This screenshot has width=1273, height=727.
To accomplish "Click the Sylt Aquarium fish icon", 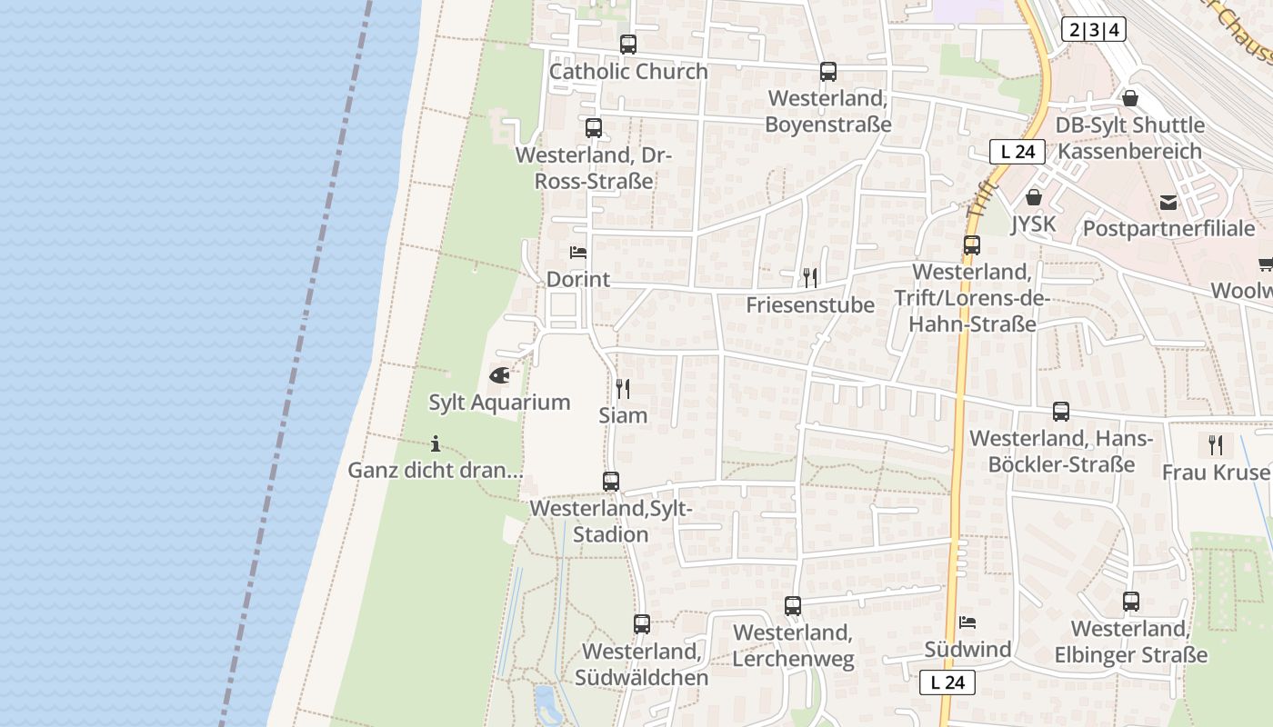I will (x=499, y=374).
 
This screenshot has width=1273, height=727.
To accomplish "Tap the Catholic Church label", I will (x=628, y=71).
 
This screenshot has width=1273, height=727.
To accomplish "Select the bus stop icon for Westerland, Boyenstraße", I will (x=827, y=71).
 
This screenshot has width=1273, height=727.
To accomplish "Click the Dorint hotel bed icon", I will (x=577, y=252).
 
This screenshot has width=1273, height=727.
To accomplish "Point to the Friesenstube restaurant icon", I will (x=809, y=277).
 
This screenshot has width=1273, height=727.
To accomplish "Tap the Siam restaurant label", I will (x=623, y=415).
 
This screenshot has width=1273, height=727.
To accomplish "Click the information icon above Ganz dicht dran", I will (x=436, y=443).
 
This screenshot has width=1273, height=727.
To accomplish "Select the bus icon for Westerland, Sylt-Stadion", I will (x=611, y=481).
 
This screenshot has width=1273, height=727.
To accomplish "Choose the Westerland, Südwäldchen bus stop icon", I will (x=642, y=623).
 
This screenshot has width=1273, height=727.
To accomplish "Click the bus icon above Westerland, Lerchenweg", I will (x=793, y=605).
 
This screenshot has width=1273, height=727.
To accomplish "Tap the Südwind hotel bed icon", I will (x=967, y=622).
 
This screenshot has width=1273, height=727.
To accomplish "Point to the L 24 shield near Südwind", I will (x=947, y=682).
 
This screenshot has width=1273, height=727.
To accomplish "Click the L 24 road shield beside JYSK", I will (x=1017, y=152).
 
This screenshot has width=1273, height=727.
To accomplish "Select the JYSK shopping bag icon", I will (x=1033, y=196).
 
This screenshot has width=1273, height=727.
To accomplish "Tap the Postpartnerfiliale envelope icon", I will (x=1168, y=202).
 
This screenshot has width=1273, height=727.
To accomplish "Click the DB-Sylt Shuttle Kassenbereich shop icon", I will (x=1129, y=97).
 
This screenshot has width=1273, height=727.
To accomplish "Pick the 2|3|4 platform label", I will (x=1093, y=29).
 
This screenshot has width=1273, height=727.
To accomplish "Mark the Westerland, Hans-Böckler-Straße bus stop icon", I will (x=1060, y=411).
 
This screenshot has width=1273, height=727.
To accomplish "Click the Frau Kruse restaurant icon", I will (x=1216, y=445).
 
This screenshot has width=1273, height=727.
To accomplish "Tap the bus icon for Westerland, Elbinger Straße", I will (x=1130, y=601).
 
